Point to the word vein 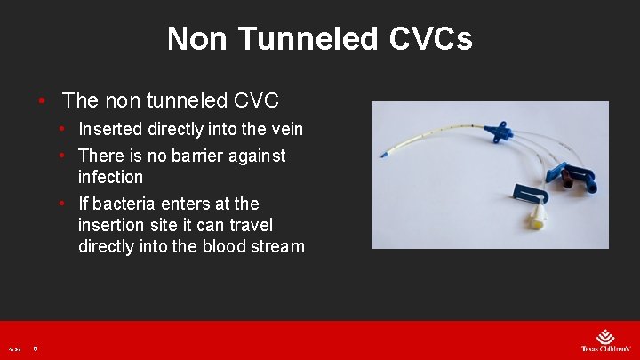point(284,129)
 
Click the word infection point(110,177)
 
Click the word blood point(217,246)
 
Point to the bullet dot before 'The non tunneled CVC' point(42,99)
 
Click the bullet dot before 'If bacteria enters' point(63,204)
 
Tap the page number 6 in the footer point(35,348)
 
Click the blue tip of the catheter point(383,157)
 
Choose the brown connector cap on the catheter point(562,183)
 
